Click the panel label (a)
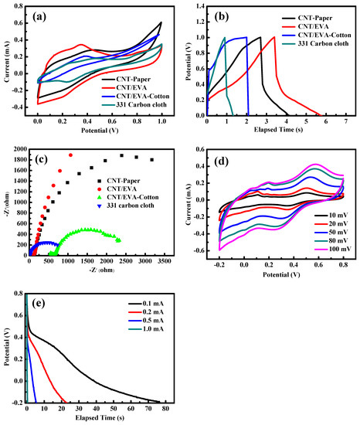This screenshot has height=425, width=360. [39, 17]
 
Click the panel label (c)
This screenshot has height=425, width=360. [42, 159]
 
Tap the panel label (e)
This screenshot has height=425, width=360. [38, 304]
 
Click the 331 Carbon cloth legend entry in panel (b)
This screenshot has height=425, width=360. [315, 43]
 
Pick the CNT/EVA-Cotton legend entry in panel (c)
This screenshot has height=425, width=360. [128, 197]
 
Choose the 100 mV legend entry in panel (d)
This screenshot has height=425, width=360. [333, 249]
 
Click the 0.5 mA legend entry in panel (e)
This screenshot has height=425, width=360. [146, 321]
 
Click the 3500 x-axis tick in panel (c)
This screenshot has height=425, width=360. [165, 261]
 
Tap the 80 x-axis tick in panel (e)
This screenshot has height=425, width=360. [165, 409]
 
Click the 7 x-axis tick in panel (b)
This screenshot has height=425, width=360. [345, 121]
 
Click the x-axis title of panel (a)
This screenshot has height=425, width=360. [100, 131]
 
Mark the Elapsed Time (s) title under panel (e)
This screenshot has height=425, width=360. [100, 418]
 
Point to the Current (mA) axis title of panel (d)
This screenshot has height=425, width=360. [188, 204]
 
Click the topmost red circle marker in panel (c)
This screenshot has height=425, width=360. [71, 155]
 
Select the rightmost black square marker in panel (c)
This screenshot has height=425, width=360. [152, 160]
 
